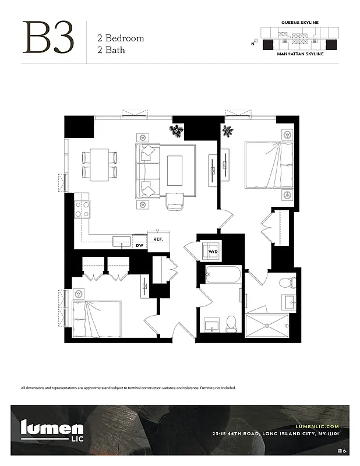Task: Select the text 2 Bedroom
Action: (120, 38)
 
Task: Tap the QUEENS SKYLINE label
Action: (300, 22)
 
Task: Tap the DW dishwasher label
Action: (139, 246)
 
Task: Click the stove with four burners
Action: (82, 209)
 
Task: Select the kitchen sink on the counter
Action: (122, 241)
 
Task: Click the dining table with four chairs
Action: (99, 164)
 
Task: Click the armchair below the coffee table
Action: (175, 201)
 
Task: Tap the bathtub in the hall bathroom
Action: (223, 274)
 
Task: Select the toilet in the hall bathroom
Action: (231, 324)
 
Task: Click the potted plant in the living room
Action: (176, 130)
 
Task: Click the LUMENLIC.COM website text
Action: (317, 426)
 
